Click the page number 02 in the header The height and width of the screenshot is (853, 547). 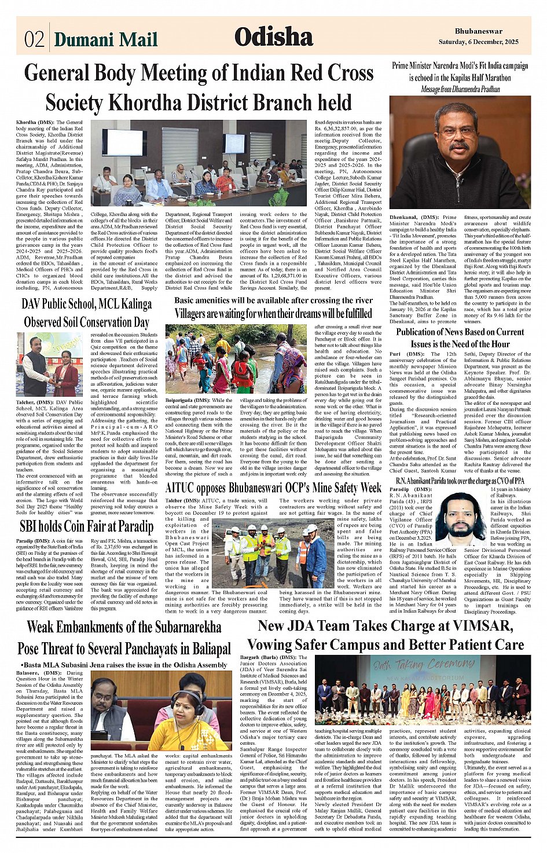(34, 39)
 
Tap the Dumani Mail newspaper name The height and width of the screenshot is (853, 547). (105, 39)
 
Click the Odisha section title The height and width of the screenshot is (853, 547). (273, 37)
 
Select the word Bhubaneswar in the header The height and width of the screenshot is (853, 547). (478, 31)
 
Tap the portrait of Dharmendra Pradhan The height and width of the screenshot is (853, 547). (460, 152)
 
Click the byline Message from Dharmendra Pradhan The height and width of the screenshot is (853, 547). (460, 89)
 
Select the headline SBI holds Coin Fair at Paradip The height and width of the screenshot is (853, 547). (86, 526)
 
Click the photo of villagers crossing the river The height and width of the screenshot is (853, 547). (236, 359)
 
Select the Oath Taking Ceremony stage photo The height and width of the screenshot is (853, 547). (422, 690)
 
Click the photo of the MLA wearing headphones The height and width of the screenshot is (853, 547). (161, 711)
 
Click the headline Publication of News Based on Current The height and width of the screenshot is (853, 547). (460, 332)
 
